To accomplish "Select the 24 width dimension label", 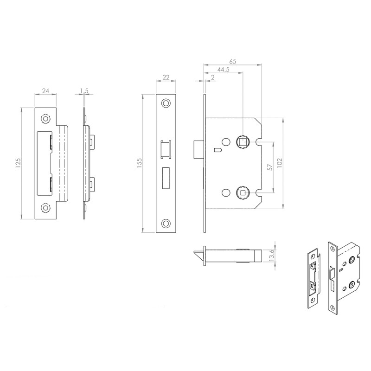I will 46,91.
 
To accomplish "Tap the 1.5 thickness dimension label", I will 84,91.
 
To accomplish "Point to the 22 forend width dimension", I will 165,78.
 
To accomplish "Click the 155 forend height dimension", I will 138,162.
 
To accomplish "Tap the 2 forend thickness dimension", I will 212,78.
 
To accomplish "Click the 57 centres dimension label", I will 270,167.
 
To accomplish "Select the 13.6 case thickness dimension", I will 273,256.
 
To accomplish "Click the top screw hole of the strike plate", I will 45,119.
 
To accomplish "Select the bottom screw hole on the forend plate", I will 165,224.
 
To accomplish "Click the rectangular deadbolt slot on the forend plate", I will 166,178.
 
